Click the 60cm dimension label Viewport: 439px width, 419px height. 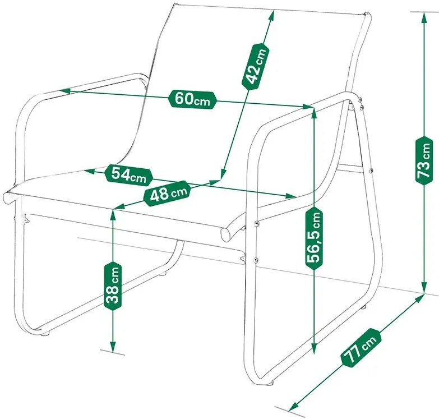pos(193,99)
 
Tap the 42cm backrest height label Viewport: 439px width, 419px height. pos(255,66)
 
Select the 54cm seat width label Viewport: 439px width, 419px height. pos(129,176)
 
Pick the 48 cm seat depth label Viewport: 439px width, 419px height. pos(167,194)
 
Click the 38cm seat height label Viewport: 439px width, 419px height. pos(113,287)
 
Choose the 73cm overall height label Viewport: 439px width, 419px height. pos(424,161)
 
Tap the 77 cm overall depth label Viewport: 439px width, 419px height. pos(361,348)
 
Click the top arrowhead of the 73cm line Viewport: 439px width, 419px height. pos(424,17)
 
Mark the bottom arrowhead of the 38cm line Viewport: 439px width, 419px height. pos(113,347)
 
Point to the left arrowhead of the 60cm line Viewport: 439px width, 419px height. pos(64,91)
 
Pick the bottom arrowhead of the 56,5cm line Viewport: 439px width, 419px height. pos(314,349)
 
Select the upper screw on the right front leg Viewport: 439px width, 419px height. pos(256,223)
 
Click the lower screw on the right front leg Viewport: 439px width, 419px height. pos(255,260)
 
